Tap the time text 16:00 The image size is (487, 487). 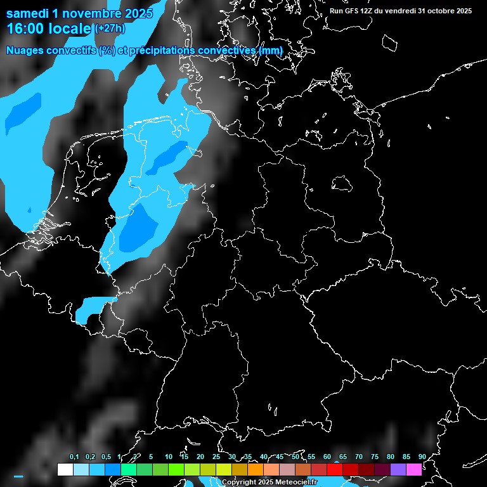click(x=26, y=29)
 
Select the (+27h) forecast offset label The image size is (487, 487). click(x=110, y=29)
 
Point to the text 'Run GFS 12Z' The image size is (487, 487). click(x=351, y=11)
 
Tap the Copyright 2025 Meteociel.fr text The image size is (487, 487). click(x=269, y=483)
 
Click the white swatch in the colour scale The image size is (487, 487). click(x=65, y=470)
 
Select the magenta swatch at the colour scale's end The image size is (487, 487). click(x=414, y=470)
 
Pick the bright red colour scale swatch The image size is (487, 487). click(x=335, y=470)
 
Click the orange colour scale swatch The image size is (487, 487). click(x=256, y=470)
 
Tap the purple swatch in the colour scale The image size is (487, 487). click(x=398, y=470)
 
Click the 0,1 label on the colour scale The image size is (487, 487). click(x=74, y=457)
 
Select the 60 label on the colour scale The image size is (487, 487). click(x=327, y=457)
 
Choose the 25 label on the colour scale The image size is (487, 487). click(x=216, y=457)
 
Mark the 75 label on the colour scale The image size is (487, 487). click(x=374, y=457)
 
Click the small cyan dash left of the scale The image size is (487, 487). click(x=18, y=476)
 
